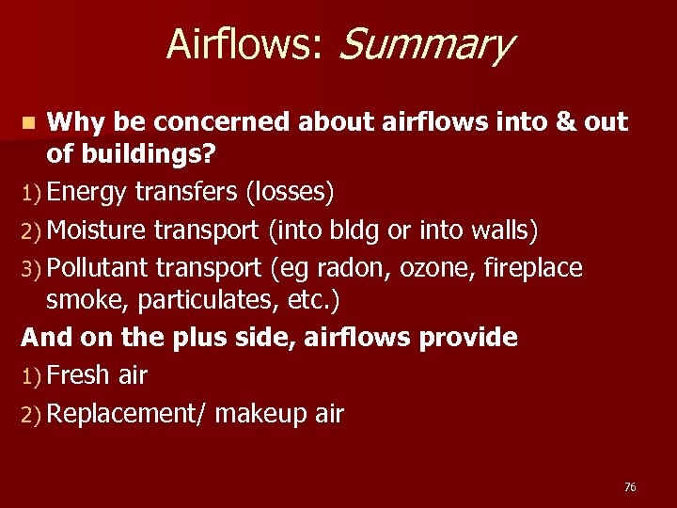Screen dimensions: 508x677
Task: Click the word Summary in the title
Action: click(424, 44)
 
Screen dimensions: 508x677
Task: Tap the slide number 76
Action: click(630, 486)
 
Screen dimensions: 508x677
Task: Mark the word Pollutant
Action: click(97, 268)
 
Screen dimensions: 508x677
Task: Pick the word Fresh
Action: click(80, 375)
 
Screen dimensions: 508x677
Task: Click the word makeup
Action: click(257, 414)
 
